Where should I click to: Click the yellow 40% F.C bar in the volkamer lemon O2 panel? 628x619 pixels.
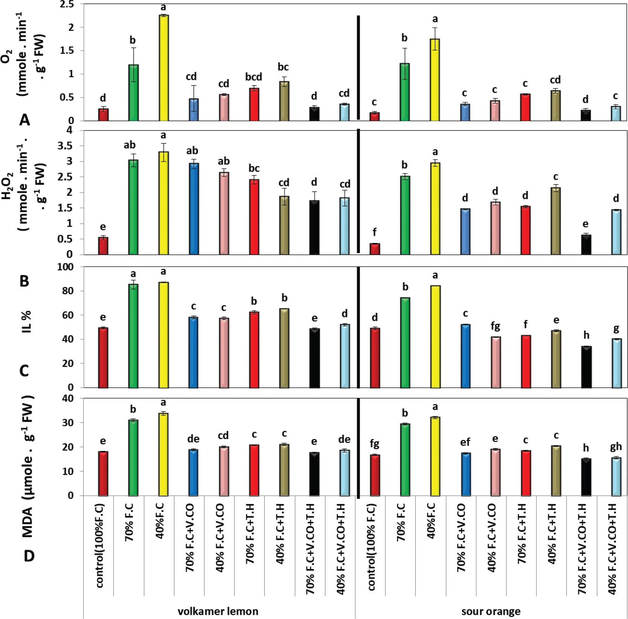click(163, 68)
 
